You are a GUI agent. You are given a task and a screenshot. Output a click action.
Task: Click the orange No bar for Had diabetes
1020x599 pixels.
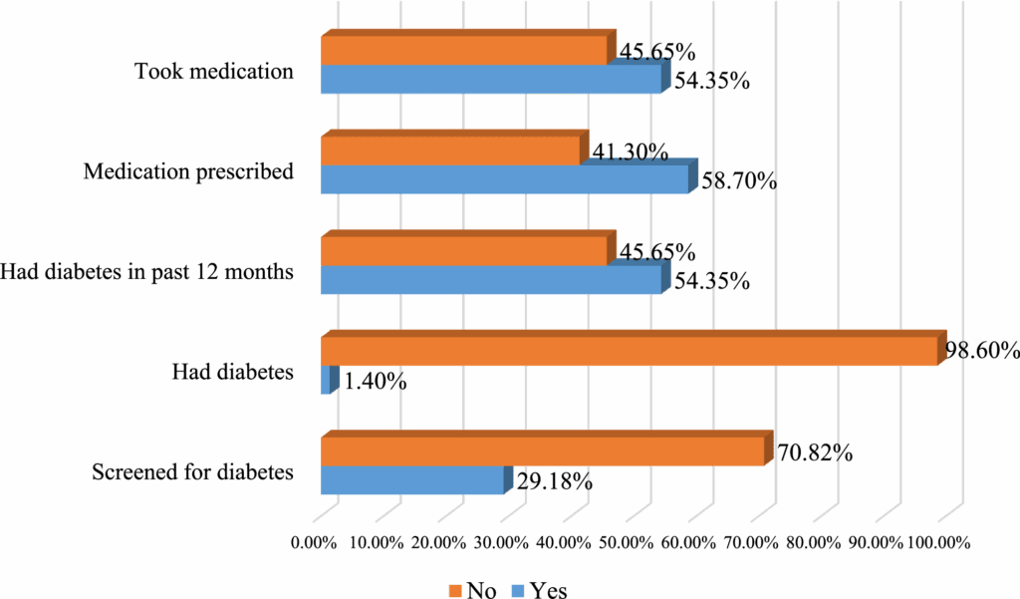coord(628,351)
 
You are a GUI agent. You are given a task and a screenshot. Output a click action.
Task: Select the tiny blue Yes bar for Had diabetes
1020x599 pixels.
coord(326,380)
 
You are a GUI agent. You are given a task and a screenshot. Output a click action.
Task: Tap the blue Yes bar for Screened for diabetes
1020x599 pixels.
coord(411,479)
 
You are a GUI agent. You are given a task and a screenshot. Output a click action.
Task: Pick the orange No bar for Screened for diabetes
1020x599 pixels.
coord(542,450)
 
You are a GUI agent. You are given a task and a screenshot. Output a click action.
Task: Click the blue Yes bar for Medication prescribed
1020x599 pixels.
coord(504,179)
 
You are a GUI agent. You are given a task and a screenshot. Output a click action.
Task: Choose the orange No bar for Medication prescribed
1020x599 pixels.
coord(449,150)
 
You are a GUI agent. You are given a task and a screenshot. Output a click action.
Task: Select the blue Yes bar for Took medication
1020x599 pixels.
coord(490,80)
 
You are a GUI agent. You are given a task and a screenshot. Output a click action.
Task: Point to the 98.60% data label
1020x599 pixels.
coord(981,351)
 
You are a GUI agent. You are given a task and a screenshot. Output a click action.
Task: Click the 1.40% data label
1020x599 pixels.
coord(375,381)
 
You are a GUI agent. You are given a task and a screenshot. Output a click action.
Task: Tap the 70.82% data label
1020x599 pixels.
coord(815,452)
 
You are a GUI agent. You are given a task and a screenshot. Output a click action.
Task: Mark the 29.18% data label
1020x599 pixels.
coord(555,482)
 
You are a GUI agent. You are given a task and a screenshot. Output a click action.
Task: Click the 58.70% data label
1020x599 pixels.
coord(739,182)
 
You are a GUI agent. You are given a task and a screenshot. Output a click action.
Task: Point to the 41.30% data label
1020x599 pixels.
coord(630,151)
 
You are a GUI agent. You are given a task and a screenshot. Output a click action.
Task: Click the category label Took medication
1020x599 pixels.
coord(213,72)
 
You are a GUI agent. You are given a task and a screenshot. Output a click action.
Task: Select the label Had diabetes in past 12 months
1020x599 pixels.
coord(147,272)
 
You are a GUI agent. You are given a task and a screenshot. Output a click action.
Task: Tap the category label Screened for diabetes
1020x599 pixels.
coord(192,472)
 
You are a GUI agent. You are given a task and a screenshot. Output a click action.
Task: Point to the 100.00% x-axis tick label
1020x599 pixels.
coord(937,542)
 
